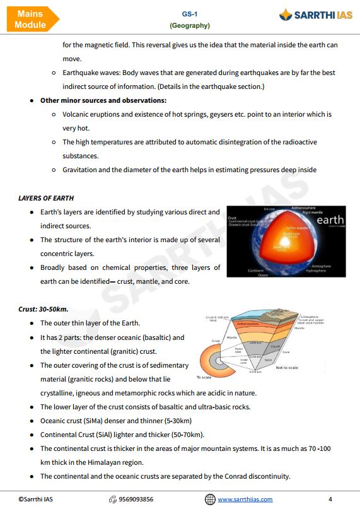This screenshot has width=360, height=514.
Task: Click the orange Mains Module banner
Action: tap(30, 19)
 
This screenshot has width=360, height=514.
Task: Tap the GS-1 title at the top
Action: tap(189, 13)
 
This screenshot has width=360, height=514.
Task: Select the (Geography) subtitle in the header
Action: tap(189, 26)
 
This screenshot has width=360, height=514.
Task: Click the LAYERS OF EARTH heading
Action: tap(46, 198)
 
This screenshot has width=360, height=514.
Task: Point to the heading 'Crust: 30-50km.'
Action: tap(44, 309)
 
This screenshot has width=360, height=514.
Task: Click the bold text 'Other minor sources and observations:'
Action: tap(103, 100)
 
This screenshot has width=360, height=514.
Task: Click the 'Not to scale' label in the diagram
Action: tap(287, 368)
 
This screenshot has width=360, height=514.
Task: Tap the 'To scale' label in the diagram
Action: tap(203, 378)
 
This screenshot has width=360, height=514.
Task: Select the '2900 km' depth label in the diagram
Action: tap(255, 342)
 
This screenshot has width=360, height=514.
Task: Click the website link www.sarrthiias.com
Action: tap(245, 499)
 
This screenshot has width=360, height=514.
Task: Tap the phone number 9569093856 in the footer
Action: tap(136, 499)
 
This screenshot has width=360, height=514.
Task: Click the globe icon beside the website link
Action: tap(210, 499)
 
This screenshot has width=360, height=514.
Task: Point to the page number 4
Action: tap(330, 499)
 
